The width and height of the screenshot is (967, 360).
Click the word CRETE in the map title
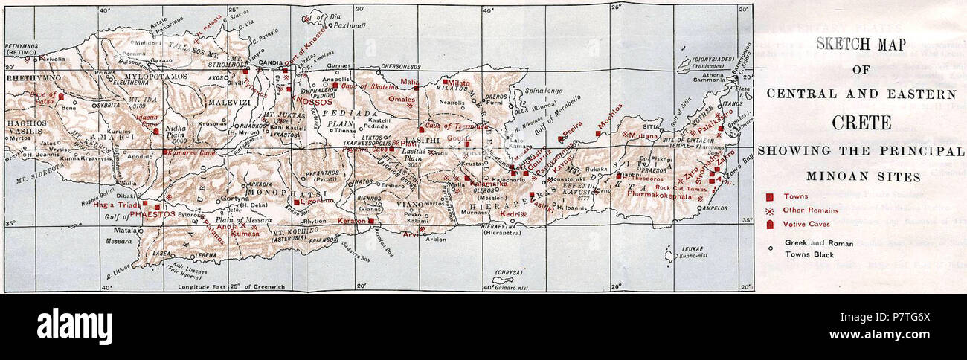pyautogui.click(x=861, y=122)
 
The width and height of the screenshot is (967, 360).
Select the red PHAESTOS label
pyautogui.click(x=152, y=213)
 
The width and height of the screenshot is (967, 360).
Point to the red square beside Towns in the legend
pyautogui.click(x=770, y=197)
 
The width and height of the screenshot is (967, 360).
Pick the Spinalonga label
pyautogui.click(x=544, y=90)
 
